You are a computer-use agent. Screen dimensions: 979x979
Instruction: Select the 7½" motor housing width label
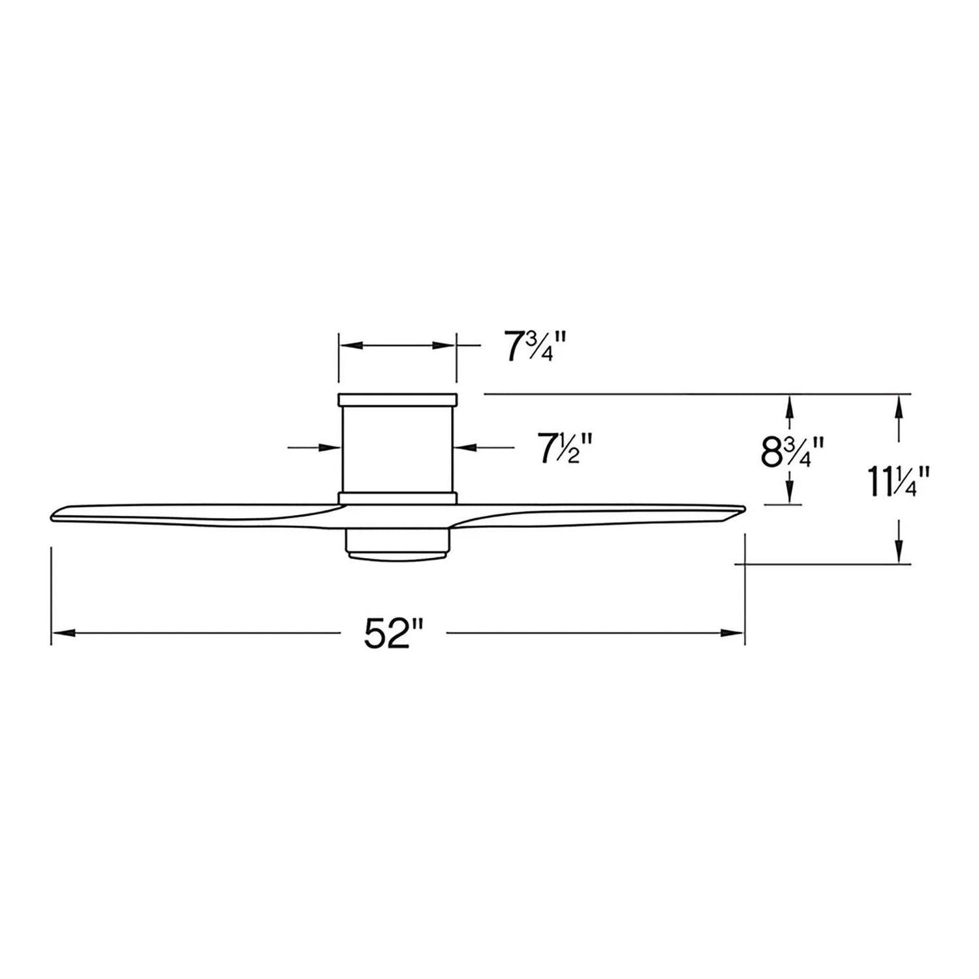coord(564,449)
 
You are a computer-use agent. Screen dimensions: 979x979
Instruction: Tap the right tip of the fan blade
coord(742,508)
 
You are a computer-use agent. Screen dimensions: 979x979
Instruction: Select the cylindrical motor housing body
coord(397,449)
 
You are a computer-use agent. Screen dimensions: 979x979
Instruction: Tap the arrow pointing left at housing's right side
coord(463,447)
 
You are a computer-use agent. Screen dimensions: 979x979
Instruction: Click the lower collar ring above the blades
coord(397,498)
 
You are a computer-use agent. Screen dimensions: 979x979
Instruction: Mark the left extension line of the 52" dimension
coord(52,594)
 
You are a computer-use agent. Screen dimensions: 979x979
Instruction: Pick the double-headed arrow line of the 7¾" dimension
coord(396,345)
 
